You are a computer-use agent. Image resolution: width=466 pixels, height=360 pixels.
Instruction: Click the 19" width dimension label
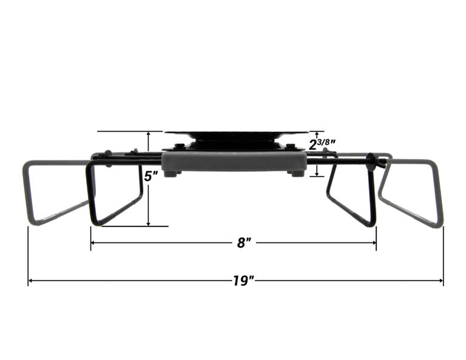[x=243, y=280]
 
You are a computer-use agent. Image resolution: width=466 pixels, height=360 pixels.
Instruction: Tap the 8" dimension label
[x=243, y=243]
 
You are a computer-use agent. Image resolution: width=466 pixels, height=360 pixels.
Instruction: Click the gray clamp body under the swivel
[x=234, y=161]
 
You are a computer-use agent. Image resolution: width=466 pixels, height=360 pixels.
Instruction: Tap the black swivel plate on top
[x=236, y=136]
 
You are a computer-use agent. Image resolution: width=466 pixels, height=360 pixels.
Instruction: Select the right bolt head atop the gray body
[x=291, y=146]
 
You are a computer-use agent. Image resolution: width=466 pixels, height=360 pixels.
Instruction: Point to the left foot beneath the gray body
[x=171, y=174]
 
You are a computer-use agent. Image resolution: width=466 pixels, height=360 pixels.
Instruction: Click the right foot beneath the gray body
[x=297, y=174]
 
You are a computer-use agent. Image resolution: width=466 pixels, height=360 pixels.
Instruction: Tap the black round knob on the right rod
[x=371, y=162]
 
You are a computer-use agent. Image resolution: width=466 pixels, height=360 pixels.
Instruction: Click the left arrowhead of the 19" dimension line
[x=30, y=280]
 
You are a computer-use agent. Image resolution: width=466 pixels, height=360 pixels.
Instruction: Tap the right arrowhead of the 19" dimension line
[x=441, y=280]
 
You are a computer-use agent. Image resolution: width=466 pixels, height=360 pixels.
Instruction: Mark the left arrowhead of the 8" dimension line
[x=93, y=243]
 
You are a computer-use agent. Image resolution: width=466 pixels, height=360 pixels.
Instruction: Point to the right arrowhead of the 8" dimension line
[x=374, y=243]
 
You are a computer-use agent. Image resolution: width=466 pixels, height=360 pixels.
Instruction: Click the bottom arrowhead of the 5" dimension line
[x=148, y=223]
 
